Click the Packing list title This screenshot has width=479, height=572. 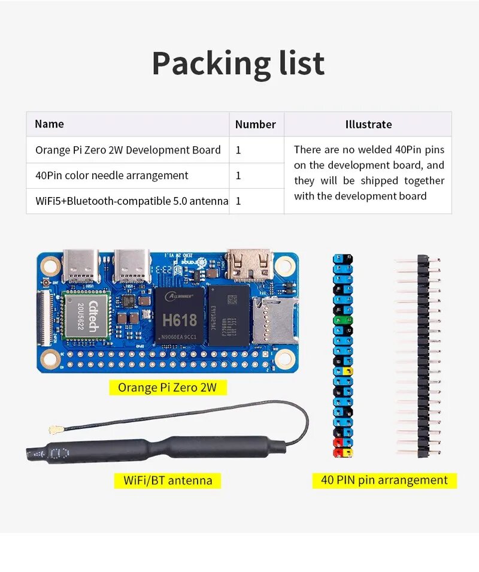click(x=238, y=63)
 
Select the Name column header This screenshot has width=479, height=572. click(x=49, y=124)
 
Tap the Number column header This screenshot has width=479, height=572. click(x=255, y=125)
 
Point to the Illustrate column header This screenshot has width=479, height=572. click(x=368, y=125)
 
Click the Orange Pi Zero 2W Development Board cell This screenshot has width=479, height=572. click(x=128, y=150)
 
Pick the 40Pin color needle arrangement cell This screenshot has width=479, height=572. click(x=111, y=175)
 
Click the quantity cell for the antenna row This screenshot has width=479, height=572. click(x=239, y=201)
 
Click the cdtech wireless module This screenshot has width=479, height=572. click(x=86, y=317)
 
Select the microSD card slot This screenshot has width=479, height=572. click(x=274, y=321)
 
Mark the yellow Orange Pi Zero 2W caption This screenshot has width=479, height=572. click(x=167, y=388)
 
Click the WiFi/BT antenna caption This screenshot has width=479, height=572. click(x=168, y=480)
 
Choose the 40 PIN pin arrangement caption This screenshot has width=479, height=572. click(x=384, y=480)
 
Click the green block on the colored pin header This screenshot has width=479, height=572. click(x=342, y=320)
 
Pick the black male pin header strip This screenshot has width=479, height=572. click(x=423, y=356)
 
